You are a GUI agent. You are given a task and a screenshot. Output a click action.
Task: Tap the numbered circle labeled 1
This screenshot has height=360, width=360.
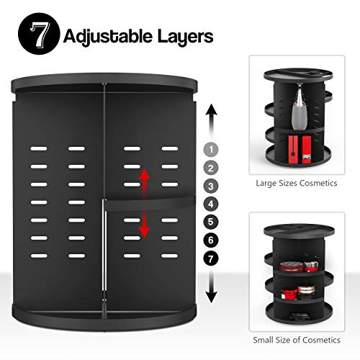click(211, 150)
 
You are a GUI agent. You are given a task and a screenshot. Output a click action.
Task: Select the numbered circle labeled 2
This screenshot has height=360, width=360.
click(211, 168)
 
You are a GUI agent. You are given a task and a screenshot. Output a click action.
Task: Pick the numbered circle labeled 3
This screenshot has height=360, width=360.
click(211, 186)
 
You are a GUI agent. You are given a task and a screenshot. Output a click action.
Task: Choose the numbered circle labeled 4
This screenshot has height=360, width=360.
click(211, 204)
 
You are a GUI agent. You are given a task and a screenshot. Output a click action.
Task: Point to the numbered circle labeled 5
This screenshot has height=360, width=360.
click(211, 222)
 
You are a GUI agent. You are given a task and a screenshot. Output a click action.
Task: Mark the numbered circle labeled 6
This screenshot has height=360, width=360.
click(211, 240)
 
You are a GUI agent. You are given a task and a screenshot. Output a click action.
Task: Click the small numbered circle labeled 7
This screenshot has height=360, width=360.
click(211, 258)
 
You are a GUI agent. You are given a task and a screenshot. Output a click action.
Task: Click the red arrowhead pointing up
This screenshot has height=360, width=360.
click(144, 175)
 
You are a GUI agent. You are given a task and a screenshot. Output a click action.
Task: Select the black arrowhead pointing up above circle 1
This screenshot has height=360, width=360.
click(211, 110)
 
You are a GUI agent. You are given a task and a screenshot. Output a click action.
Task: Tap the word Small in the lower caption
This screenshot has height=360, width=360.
click(265, 341)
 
